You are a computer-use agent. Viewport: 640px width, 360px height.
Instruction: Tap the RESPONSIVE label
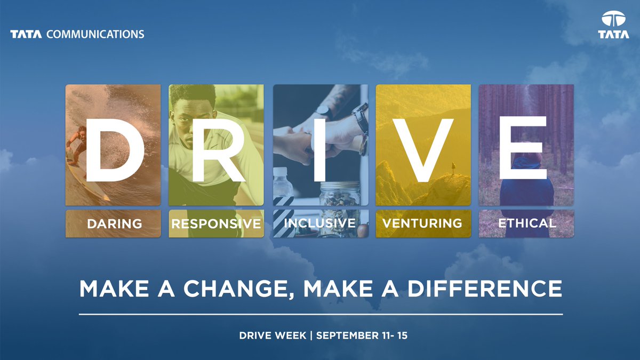click(216, 223)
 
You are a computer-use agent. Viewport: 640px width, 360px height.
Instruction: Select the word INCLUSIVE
click(320, 222)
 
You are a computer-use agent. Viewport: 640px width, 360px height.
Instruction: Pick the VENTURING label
click(422, 223)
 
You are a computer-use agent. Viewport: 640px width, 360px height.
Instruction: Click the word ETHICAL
click(527, 223)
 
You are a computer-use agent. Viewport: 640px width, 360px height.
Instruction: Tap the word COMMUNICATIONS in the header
click(95, 35)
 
